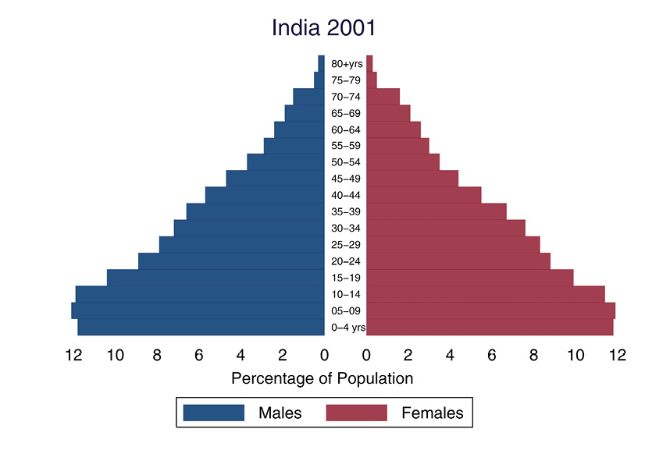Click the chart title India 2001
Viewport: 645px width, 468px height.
coord(323,28)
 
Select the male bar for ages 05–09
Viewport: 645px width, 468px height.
coord(198,310)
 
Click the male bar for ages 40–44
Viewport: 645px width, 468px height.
coord(265,195)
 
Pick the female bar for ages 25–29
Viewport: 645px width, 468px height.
coord(453,244)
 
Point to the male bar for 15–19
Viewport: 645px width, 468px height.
coord(216,278)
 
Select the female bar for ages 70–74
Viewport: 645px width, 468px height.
coord(383,97)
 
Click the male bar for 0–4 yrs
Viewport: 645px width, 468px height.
coord(201,327)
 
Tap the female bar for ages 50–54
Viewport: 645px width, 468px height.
coord(403,162)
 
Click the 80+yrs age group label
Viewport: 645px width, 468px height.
coord(346,64)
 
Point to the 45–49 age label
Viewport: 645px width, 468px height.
coord(346,179)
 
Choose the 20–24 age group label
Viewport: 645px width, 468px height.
coord(346,261)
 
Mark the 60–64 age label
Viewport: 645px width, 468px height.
coord(346,129)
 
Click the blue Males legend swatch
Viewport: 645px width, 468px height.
coord(214,413)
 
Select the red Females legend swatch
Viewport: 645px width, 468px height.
coord(357,413)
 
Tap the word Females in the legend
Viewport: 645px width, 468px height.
coord(432,413)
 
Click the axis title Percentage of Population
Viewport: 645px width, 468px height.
coord(322,379)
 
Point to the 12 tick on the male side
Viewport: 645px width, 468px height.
coord(73,356)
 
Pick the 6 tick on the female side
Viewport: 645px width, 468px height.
coord(492,356)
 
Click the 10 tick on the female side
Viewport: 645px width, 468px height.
coord(576,356)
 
